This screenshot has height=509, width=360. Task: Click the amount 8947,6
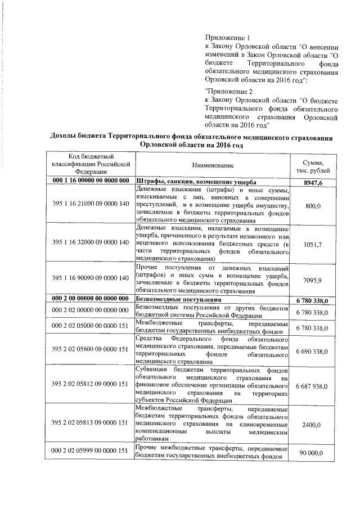point(313,183)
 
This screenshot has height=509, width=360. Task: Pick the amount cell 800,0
point(313,206)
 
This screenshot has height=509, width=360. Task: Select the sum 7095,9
point(313,278)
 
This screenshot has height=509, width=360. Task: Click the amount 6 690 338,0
point(313,350)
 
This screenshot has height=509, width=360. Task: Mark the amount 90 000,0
point(313,452)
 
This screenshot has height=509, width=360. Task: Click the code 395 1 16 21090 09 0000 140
point(91,206)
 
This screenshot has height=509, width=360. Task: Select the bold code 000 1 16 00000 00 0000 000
point(91,183)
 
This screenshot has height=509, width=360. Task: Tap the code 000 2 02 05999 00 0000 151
point(91,452)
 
